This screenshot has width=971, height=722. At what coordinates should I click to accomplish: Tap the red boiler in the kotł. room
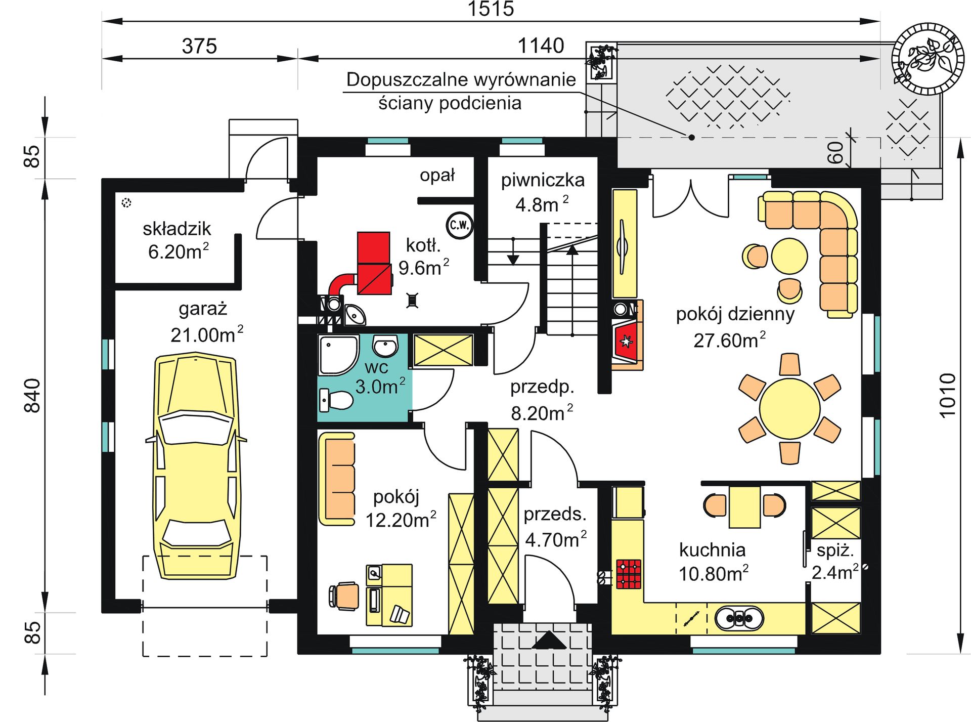pos(374,263)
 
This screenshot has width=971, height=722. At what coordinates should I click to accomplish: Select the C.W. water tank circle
pos(460,225)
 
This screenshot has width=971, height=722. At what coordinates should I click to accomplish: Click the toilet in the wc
pos(336,400)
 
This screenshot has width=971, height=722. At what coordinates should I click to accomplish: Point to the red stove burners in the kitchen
pos(629,574)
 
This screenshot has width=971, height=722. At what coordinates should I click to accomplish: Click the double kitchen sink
pos(739,618)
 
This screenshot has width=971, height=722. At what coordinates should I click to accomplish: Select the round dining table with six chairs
pos(789,409)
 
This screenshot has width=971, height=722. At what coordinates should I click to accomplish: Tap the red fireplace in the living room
pos(626,342)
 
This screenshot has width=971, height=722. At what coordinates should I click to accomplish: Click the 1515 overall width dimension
pos(491,9)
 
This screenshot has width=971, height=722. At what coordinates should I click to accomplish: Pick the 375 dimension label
pos(199,46)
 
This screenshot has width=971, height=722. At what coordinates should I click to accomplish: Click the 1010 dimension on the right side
pos(948,395)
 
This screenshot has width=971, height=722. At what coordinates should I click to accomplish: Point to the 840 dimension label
pos(32,395)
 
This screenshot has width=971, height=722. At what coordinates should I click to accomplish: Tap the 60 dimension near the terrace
pos(835,152)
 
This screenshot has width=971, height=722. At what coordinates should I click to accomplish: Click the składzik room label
pos(176,229)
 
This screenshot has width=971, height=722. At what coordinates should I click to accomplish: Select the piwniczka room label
pos(543,180)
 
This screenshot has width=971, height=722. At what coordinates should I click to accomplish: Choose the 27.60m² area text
pos(729,341)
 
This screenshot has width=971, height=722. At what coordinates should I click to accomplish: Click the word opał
pos(437,175)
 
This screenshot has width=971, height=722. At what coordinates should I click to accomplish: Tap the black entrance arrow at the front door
pos(549,640)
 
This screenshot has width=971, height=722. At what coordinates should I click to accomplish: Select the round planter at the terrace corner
pos(928,59)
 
